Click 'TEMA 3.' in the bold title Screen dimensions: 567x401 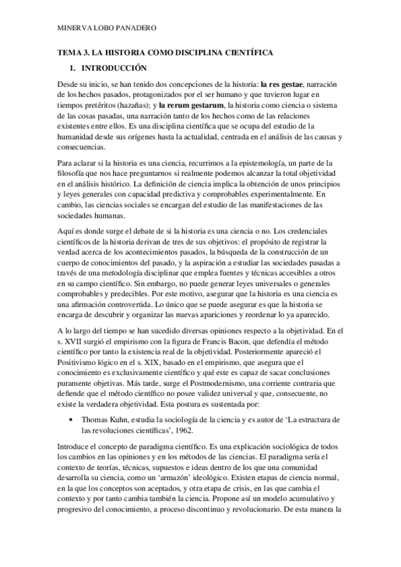point(69,52)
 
